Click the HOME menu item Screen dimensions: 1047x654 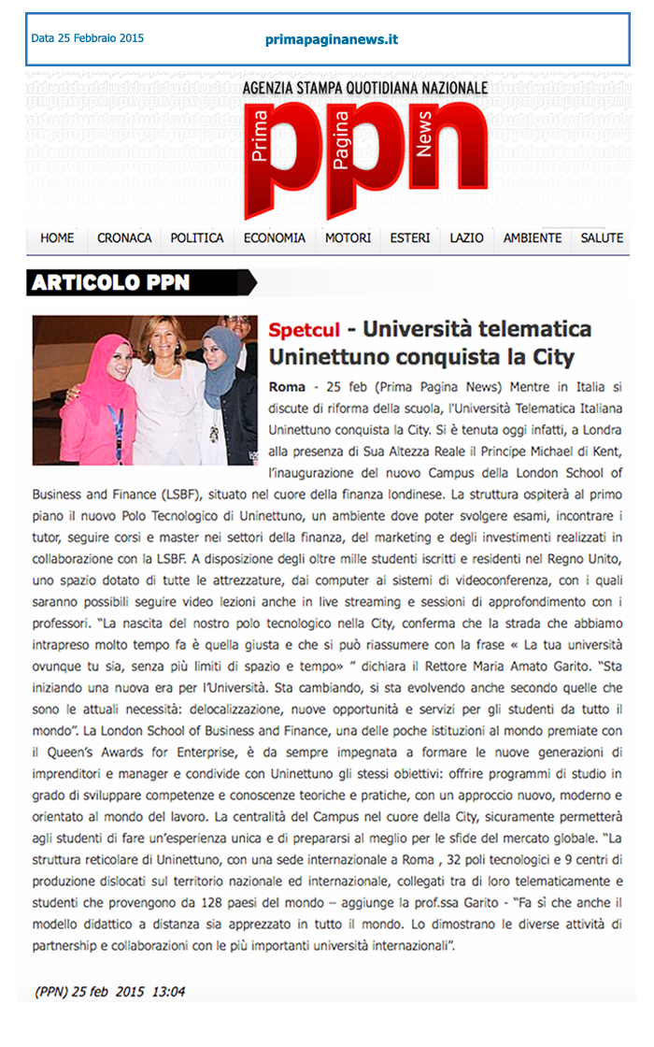click(x=57, y=238)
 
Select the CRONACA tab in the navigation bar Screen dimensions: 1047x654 click(x=124, y=238)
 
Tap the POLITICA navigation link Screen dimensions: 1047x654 click(x=197, y=238)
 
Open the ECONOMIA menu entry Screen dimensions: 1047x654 click(x=275, y=238)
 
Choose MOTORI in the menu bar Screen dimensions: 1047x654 click(x=348, y=238)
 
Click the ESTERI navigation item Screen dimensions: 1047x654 click(x=410, y=238)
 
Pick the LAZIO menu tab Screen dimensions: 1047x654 click(x=466, y=238)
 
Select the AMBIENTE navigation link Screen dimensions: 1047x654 click(x=533, y=238)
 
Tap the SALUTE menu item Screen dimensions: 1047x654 click(x=602, y=238)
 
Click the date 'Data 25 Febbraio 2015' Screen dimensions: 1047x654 click(x=88, y=39)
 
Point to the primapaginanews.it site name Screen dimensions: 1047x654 click(x=332, y=39)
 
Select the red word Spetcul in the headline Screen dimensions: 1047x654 click(x=303, y=330)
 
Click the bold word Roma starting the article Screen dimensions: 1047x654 click(x=286, y=386)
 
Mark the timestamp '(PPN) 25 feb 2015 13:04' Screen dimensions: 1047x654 click(x=110, y=992)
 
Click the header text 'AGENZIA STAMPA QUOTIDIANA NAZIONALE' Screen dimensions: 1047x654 click(x=364, y=88)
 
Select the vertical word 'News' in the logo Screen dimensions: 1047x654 click(x=425, y=136)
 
